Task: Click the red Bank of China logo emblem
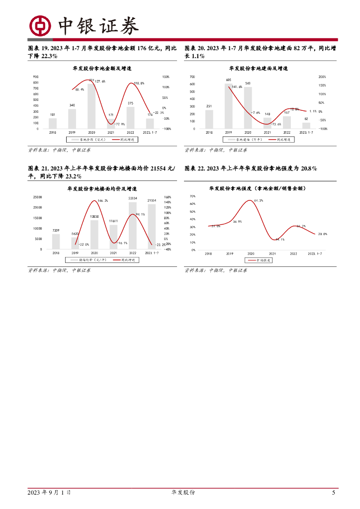pos(40,25)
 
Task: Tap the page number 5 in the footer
pos(333,492)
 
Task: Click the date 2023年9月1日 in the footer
pos(49,492)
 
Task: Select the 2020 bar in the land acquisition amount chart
pos(91,106)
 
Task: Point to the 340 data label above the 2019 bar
pos(72,105)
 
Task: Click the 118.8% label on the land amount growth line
pos(139,84)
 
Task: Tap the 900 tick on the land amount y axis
pos(36,77)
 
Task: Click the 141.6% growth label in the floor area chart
pos(237,87)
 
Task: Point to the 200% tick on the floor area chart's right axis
pos(322,77)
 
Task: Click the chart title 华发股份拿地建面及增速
pos(259,68)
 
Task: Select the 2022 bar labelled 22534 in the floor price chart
pos(132,225)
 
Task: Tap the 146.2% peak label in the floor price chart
pos(103,200)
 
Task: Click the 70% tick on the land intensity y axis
pos(192,197)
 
